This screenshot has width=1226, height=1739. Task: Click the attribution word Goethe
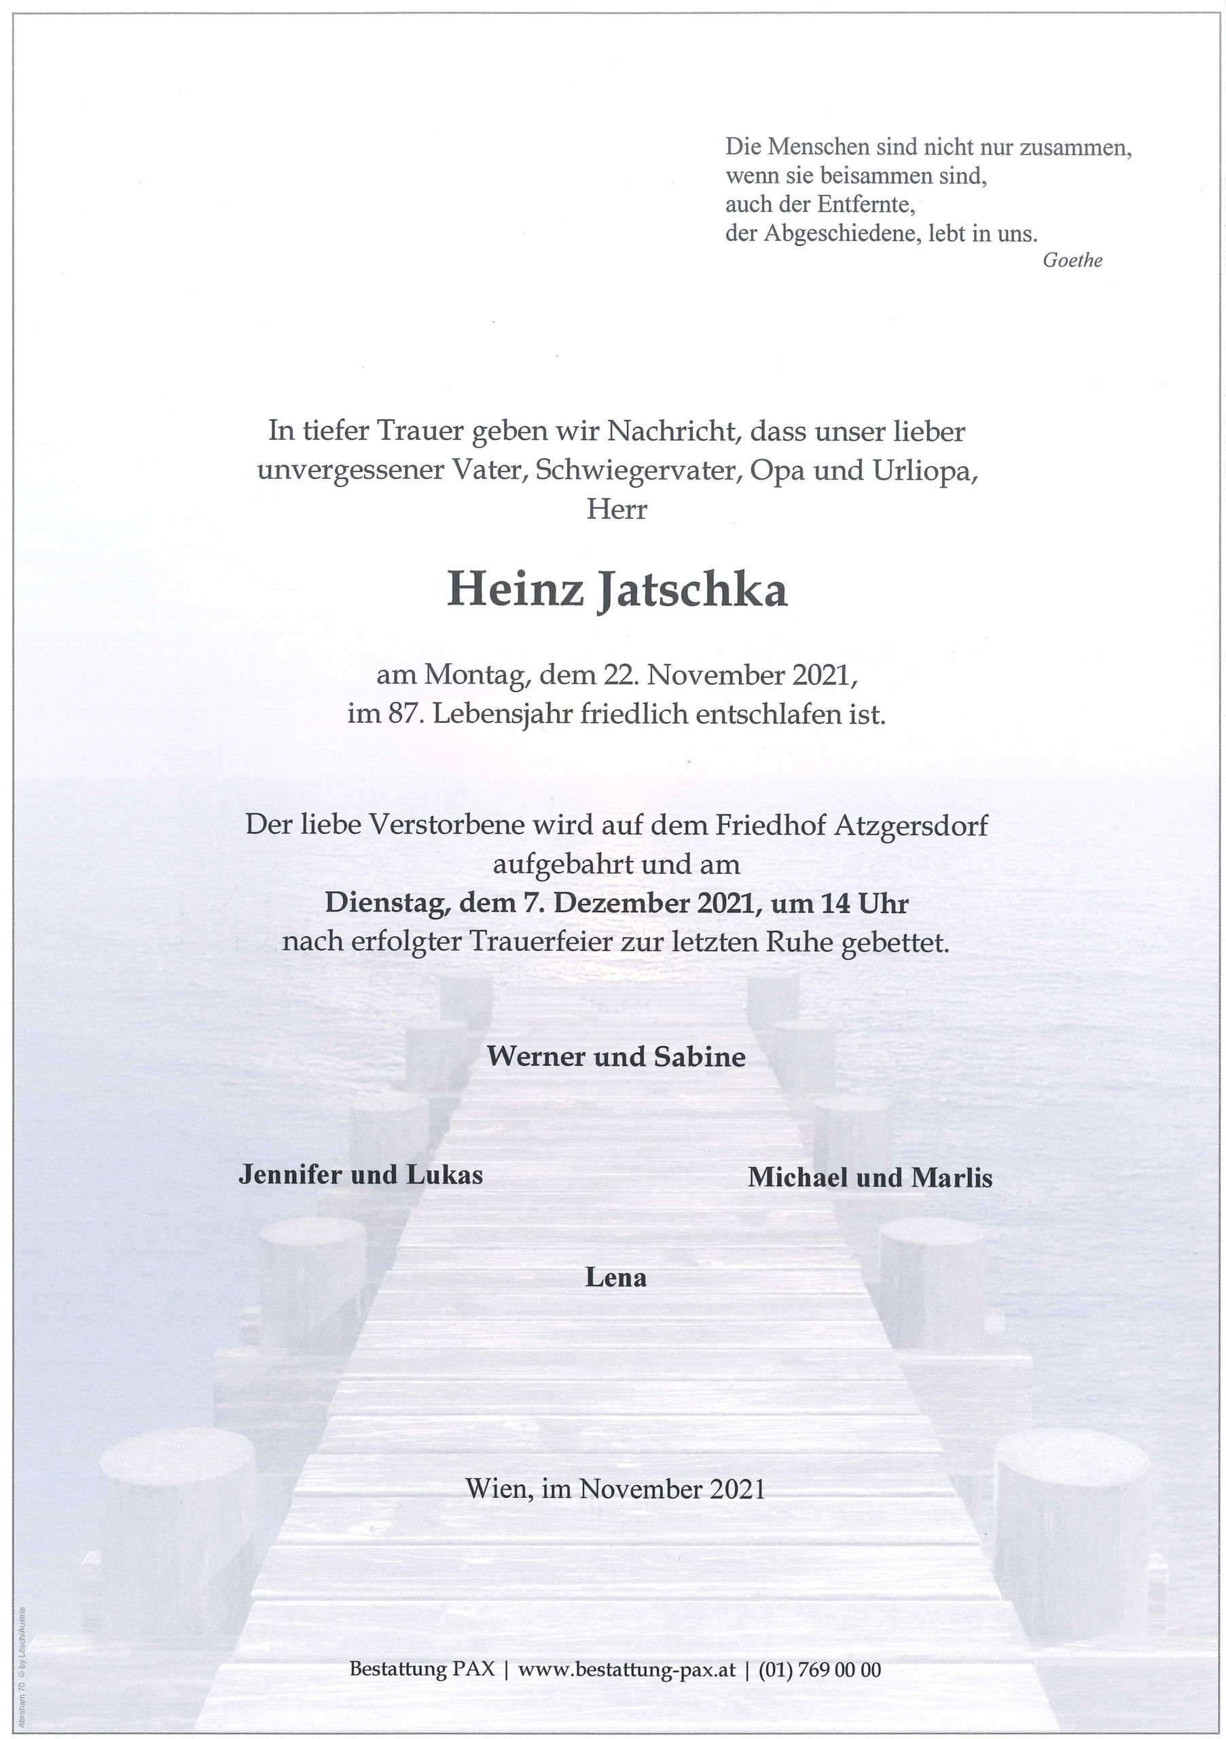click(x=1072, y=261)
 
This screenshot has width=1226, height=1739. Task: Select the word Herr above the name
click(x=617, y=509)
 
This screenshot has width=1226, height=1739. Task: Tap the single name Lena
click(x=615, y=1278)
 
